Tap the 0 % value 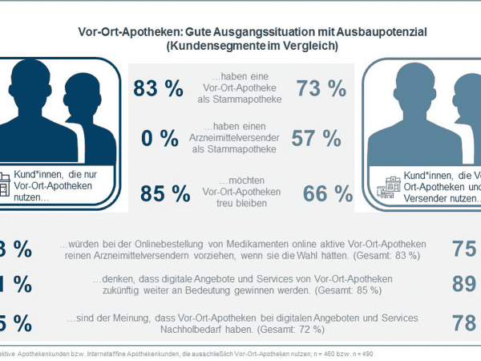click(x=160, y=139)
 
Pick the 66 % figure click(x=328, y=193)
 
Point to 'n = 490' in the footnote click(x=360, y=353)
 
